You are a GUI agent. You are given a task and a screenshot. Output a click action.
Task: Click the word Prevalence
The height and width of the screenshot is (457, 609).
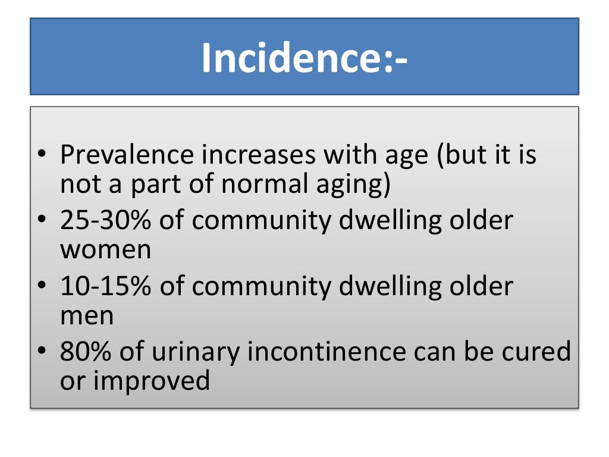tap(127, 155)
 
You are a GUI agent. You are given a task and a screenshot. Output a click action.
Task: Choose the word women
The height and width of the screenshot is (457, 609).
tap(105, 250)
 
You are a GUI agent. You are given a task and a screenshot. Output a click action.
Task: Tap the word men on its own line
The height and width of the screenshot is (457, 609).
tap(87, 316)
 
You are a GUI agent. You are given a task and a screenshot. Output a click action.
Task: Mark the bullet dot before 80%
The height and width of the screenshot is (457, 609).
tap(41, 353)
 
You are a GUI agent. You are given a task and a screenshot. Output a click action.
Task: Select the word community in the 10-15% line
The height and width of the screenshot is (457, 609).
tap(262, 287)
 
